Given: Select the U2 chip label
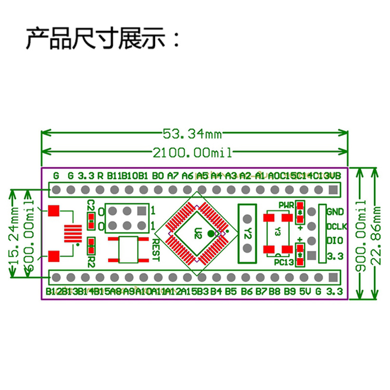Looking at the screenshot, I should coord(197,232).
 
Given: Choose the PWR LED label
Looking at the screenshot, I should coord(287,205).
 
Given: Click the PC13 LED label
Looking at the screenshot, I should coord(283,262).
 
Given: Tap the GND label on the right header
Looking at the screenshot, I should coord(335,212).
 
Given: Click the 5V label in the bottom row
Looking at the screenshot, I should coord(305,292).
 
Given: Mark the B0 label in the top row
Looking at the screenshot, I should coord(157,175).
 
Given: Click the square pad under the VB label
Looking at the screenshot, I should coord(333,189).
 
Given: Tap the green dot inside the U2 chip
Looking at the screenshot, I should coord(210,234).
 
